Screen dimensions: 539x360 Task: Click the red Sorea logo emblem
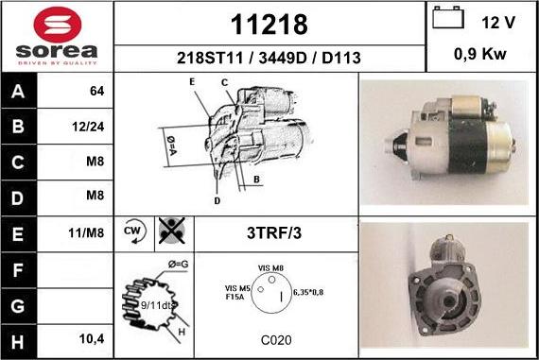[x=58, y=25]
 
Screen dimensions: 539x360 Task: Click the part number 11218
[x=269, y=25]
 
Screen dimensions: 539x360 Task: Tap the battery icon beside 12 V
[x=448, y=17]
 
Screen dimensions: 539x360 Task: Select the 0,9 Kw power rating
[x=480, y=54]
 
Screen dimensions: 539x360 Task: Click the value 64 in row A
[x=97, y=91]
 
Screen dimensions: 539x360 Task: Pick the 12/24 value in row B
[x=88, y=127]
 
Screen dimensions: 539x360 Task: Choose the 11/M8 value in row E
[x=86, y=232]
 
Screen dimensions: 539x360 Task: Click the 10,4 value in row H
[x=92, y=339]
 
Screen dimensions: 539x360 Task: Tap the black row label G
[x=18, y=306]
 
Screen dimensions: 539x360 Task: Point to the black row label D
[x=18, y=198]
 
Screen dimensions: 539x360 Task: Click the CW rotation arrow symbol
[x=134, y=231]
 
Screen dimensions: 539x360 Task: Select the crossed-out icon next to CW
[x=172, y=231]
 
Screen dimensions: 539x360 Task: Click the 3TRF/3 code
[x=274, y=232]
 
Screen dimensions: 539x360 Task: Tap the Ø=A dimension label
[x=171, y=146]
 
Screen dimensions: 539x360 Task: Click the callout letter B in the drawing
[x=256, y=180]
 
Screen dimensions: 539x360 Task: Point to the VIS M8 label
[x=270, y=268]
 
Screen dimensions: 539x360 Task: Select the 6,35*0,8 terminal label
[x=308, y=292]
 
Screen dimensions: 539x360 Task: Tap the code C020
[x=276, y=340]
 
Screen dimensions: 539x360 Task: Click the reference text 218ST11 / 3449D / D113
[x=269, y=58]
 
